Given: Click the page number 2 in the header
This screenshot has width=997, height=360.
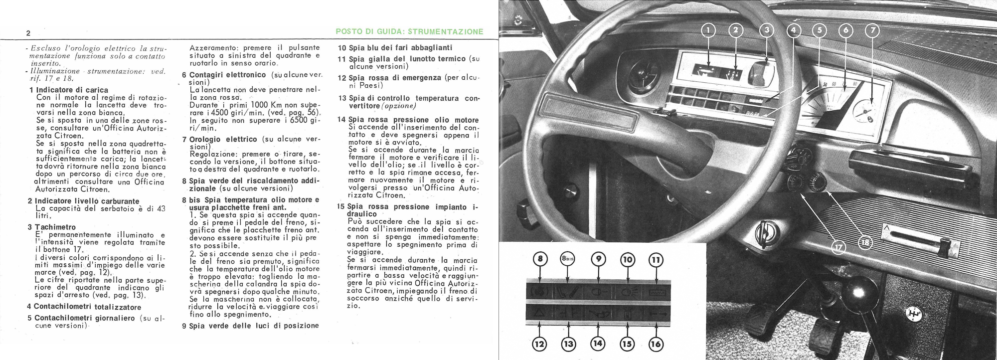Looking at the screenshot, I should (x=28, y=33).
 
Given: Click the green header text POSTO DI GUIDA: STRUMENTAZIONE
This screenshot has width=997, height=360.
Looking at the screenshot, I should (x=410, y=31).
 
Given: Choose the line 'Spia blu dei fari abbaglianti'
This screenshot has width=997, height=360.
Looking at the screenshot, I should (x=395, y=48).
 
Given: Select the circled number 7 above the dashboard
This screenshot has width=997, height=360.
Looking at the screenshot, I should (x=872, y=30).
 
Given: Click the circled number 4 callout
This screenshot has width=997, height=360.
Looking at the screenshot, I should (x=794, y=30).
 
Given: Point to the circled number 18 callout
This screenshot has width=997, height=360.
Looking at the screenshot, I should (x=865, y=242).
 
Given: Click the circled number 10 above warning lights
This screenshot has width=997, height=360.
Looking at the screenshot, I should (x=627, y=260).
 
